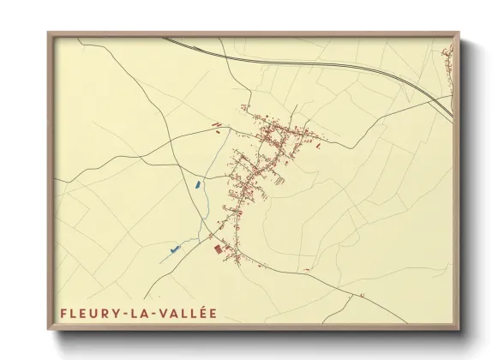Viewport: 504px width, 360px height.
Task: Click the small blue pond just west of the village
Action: [198, 183]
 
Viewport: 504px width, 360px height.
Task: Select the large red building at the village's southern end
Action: [217, 248]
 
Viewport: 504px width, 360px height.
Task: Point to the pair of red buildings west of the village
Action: [216, 128]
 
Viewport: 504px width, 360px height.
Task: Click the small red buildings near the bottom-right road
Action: [363, 296]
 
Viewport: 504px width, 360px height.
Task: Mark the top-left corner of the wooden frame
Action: [48, 33]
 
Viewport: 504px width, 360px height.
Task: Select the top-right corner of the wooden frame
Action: [459, 33]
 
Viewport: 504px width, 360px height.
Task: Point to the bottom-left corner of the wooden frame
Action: [48, 330]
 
